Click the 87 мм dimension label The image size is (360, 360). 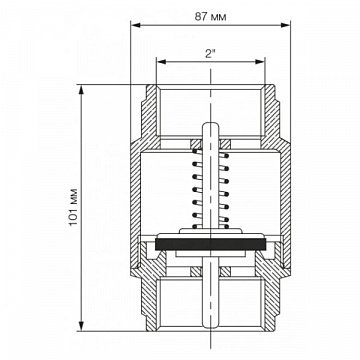[x=210, y=17]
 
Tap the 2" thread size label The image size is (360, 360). [x=210, y=54]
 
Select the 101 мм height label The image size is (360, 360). [x=73, y=207]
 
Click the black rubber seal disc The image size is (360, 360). [x=210, y=244]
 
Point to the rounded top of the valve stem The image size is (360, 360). [x=210, y=125]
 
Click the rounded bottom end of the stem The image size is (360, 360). [x=210, y=325]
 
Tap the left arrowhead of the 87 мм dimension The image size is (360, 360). [x=135, y=25]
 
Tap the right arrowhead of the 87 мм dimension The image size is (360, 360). [x=286, y=25]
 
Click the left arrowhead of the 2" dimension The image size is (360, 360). [x=161, y=62]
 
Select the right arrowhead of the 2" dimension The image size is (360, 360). [x=260, y=62]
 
